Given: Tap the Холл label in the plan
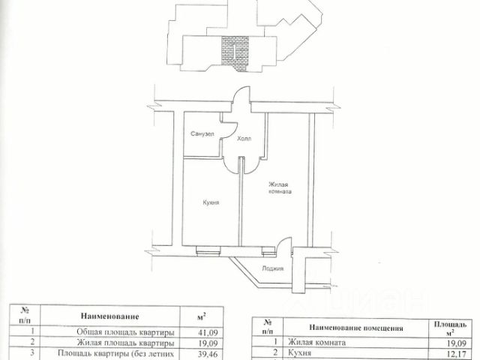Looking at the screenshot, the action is click(x=244, y=139).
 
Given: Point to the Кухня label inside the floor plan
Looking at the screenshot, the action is click(x=211, y=201).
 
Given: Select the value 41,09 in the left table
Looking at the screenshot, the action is click(x=208, y=331).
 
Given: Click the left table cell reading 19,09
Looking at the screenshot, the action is click(x=208, y=343).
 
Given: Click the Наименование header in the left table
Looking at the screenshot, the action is click(x=115, y=317).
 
